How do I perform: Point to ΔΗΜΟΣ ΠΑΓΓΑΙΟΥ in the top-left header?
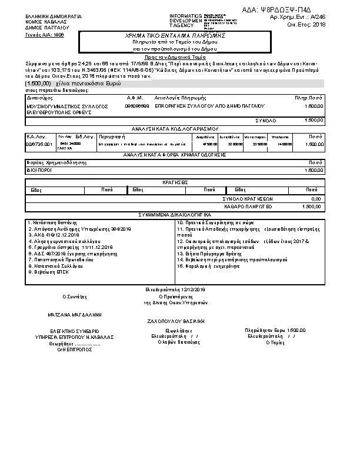coord(47,28)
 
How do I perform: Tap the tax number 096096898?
coord(136,105)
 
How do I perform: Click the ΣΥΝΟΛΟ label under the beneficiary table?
coord(265,120)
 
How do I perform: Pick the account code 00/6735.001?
coord(39,144)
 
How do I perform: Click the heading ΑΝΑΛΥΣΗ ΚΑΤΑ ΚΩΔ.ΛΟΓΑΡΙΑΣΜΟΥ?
coord(175,128)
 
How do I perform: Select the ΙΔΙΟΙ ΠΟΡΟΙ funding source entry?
coord(40,169)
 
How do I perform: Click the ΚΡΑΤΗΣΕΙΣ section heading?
coord(175,182)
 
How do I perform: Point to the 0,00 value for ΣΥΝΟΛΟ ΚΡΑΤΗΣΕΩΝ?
coord(316,199)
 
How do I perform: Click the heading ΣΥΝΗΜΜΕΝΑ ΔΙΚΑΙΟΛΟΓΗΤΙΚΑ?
coord(175,214)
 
